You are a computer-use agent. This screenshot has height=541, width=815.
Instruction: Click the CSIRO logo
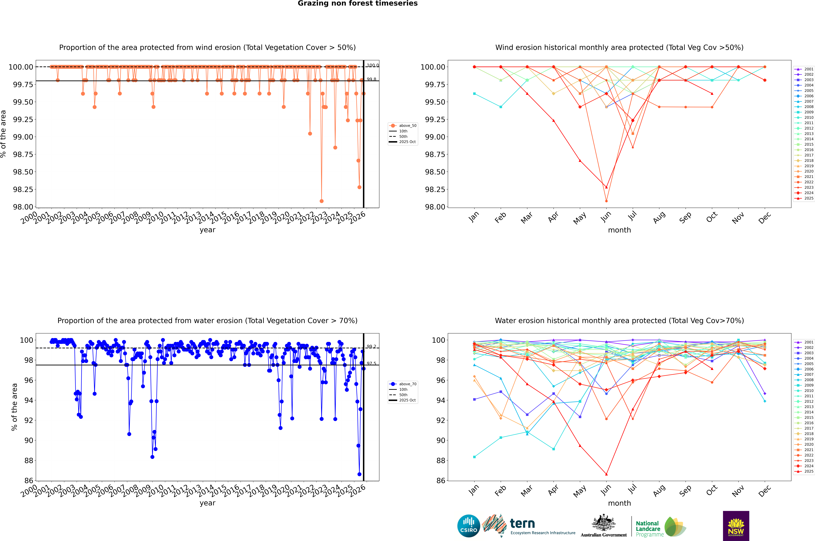[468, 526]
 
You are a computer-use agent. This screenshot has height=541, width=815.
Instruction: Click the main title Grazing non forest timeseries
[358, 3]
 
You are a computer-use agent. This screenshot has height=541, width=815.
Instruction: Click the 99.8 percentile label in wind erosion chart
[371, 79]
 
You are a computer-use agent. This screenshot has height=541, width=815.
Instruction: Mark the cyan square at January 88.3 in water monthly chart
[474, 457]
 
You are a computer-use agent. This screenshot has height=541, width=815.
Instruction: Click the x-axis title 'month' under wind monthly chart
[619, 230]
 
